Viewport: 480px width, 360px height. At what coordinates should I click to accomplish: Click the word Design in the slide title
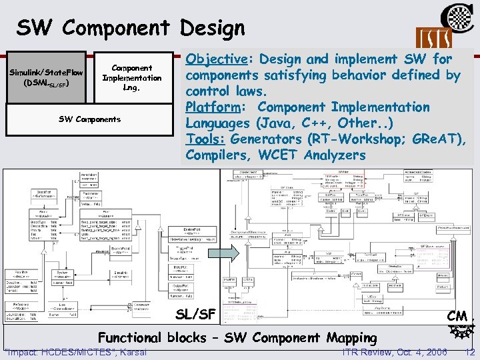coord(208,27)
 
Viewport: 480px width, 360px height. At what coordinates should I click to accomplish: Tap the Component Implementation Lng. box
coord(131,77)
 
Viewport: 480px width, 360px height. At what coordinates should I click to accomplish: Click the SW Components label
coord(90,119)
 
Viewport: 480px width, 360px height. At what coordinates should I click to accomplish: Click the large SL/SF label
coord(195,313)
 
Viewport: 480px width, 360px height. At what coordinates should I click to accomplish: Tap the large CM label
coord(457,314)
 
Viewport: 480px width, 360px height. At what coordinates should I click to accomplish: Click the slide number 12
coord(470,352)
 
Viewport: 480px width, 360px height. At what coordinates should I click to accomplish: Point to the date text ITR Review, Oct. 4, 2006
coord(394,352)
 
